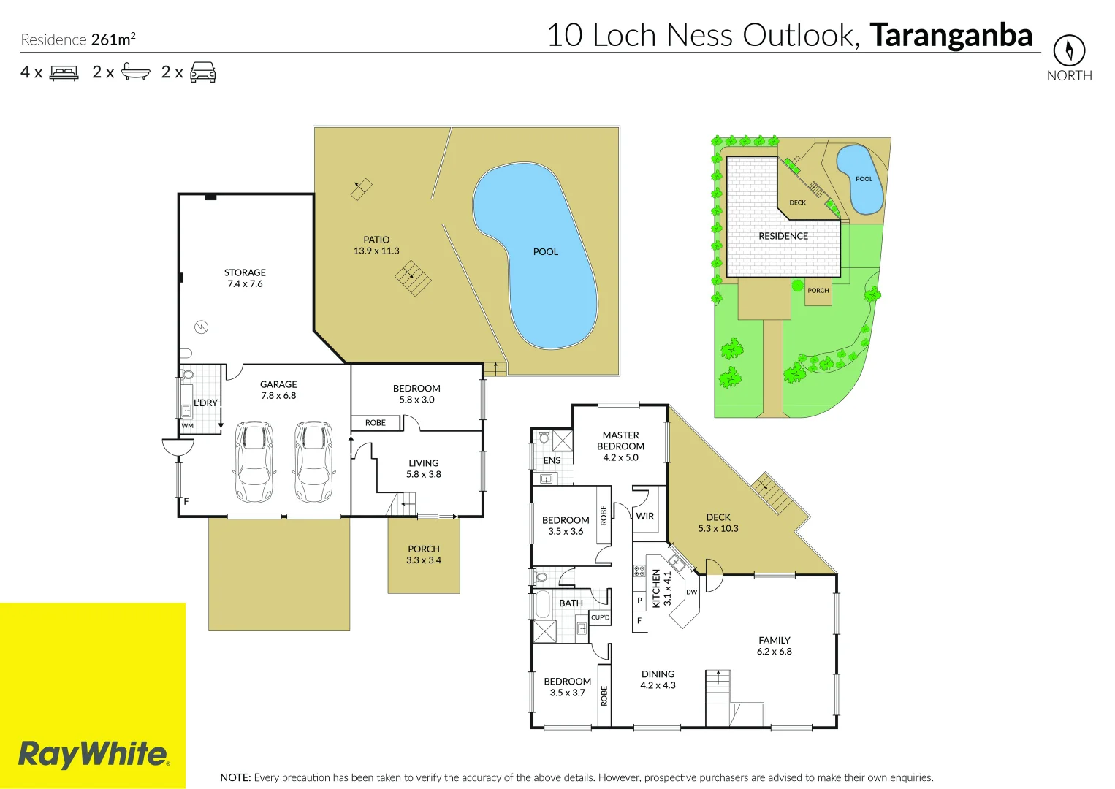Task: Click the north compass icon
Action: pos(1069,50)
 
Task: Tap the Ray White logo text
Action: pos(94,754)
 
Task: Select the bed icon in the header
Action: pos(64,73)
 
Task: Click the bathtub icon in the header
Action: pos(135,72)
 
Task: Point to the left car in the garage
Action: pos(255,462)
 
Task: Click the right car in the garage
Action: pos(313,462)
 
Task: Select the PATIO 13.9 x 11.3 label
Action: pos(376,245)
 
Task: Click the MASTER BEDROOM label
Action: pos(620,441)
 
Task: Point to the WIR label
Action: pos(644,516)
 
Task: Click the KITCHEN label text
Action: pos(656,588)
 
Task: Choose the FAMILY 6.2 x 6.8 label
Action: pos(774,646)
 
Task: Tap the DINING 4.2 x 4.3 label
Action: pos(658,679)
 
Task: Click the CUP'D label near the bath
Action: pos(600,617)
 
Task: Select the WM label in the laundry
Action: pos(188,426)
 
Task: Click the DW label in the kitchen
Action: pos(691,592)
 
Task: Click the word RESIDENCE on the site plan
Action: pos(783,236)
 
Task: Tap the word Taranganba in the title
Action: pos(951,35)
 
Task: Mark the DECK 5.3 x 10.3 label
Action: pos(718,522)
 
